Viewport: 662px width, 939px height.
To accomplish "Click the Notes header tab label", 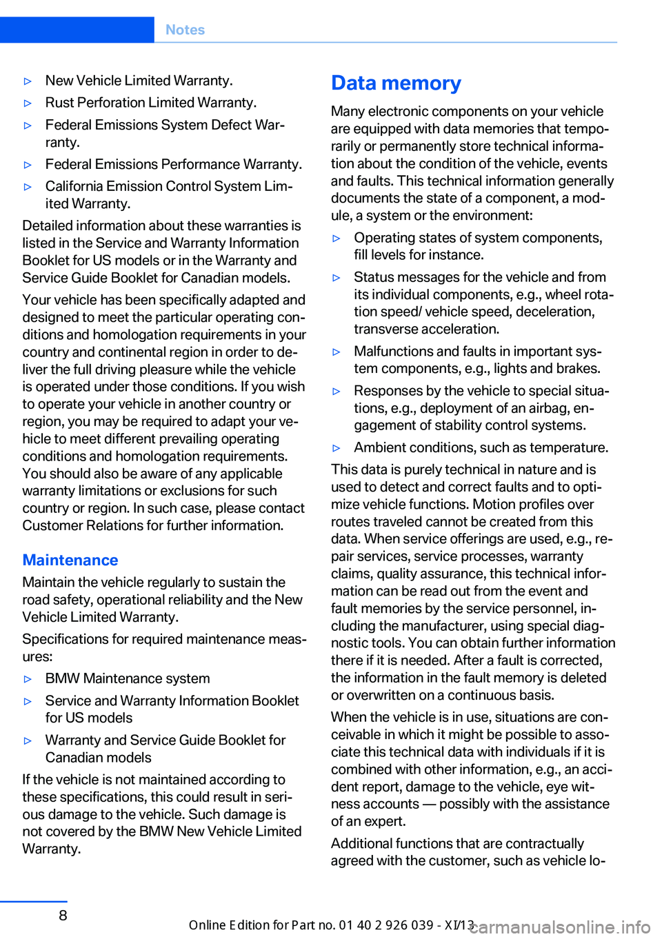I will click(185, 30).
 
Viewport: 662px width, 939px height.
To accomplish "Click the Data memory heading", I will click(396, 83).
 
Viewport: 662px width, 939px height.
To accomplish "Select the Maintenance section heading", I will click(70, 560).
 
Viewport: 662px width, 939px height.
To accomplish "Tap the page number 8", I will click(63, 915).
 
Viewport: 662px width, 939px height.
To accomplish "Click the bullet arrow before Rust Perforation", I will click(28, 103).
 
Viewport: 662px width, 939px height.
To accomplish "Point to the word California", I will click(77, 186).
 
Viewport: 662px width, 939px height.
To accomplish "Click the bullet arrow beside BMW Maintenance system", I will click(28, 679).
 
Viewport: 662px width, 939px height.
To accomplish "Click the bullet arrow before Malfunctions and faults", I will click(337, 352).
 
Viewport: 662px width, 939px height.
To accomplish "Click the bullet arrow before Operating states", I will click(337, 239).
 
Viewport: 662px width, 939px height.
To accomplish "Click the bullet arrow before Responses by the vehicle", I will click(337, 392).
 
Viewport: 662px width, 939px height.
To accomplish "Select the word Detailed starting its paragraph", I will click(50, 225).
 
